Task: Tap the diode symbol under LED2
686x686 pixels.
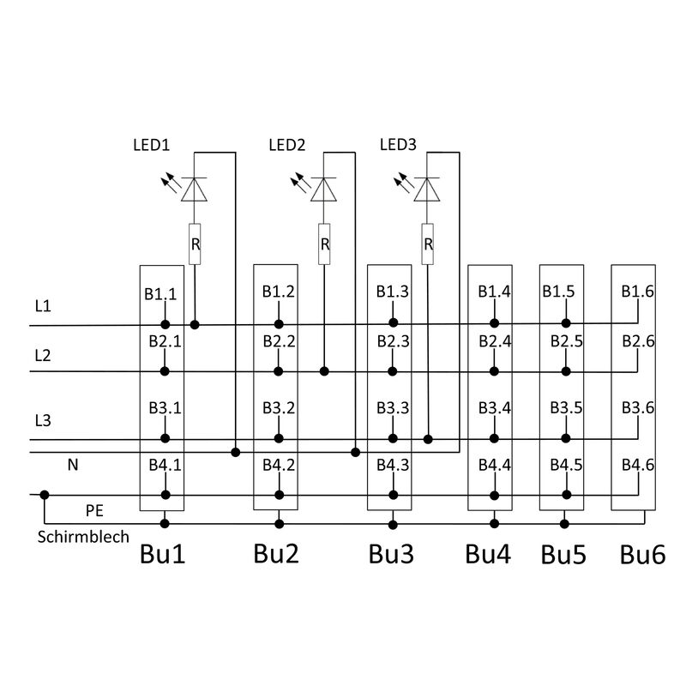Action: pos(324,190)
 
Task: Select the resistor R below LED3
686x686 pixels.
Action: pos(427,244)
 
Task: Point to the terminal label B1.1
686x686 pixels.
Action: pos(161,294)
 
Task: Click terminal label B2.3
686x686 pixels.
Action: pos(393,340)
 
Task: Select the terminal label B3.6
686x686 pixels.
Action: pos(638,406)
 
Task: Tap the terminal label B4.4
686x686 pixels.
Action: pos(494,465)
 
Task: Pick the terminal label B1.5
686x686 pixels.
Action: pos(558,292)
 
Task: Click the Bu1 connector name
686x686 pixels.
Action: pos(162,555)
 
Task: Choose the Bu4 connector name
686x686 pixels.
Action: pos(488,555)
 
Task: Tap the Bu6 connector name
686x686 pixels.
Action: pos(642,555)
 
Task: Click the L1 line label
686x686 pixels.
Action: pos(43,305)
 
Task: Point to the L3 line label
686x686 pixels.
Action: pos(43,420)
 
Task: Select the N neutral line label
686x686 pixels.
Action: pos(74,465)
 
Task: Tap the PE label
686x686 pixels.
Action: pos(95,511)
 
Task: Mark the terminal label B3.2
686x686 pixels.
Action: pos(280,406)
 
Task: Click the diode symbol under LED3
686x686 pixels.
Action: pos(422,190)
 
